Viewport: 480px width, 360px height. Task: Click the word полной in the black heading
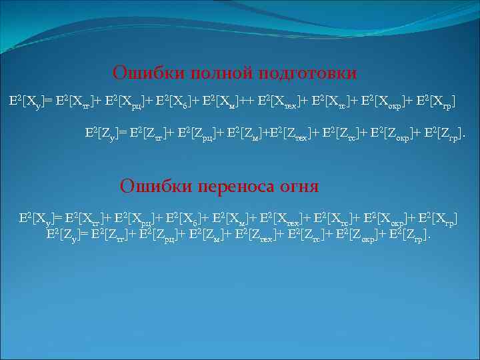click(x=202, y=73)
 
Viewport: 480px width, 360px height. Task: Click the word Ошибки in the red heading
click(x=149, y=185)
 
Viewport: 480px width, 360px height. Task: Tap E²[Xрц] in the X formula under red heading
click(x=132, y=217)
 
